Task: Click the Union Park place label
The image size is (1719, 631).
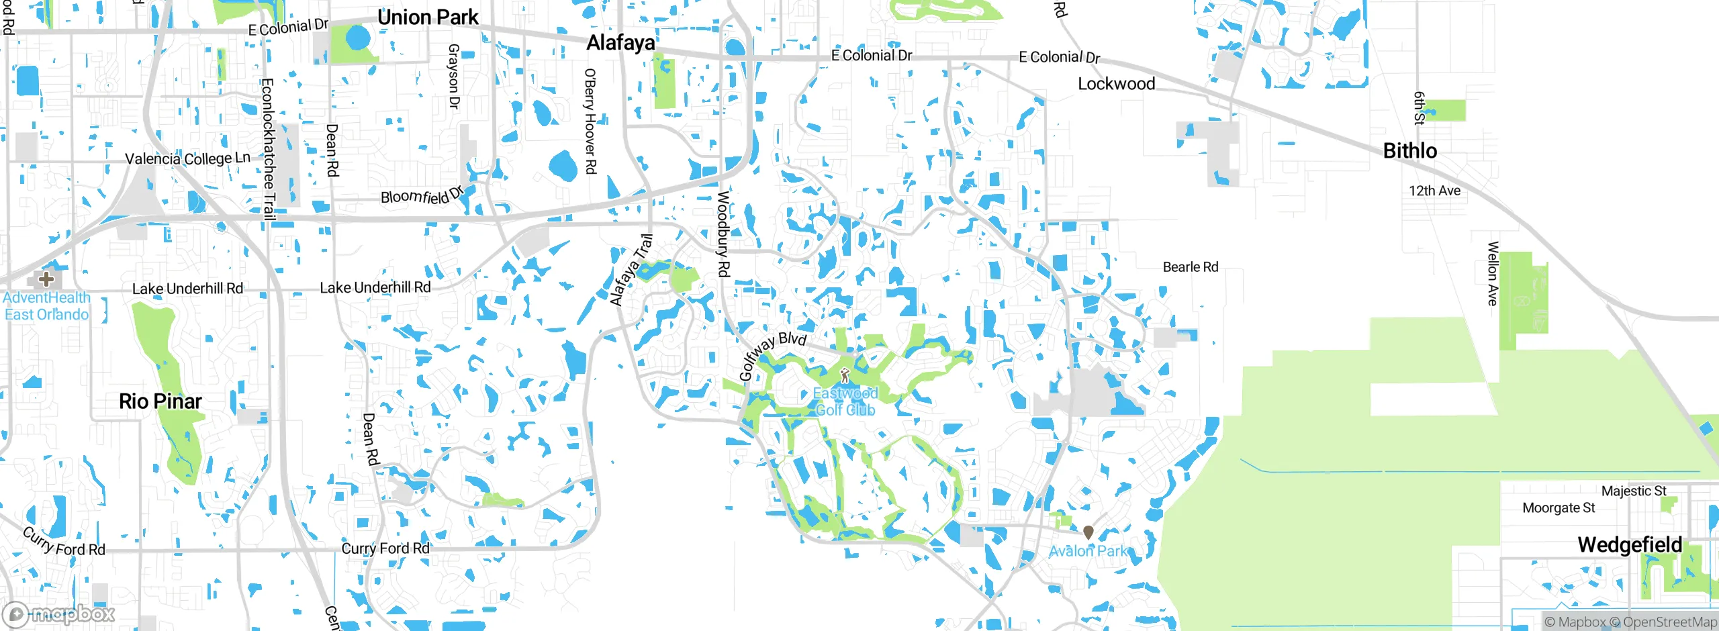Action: tap(428, 17)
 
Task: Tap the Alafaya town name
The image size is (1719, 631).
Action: tap(620, 43)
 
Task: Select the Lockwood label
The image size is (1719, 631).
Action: tap(1116, 84)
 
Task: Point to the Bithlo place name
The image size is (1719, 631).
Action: tap(1410, 151)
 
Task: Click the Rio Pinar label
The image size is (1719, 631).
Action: tap(160, 401)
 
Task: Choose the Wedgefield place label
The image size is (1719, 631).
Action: tap(1630, 545)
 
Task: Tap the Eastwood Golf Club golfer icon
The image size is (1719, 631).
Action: tap(845, 375)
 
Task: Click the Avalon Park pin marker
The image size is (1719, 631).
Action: tap(1088, 532)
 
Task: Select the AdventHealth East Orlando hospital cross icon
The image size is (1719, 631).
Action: tap(46, 279)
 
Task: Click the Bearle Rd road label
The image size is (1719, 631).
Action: tap(1190, 267)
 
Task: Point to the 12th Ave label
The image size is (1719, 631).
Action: tap(1434, 191)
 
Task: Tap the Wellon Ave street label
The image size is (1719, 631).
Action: tap(1493, 274)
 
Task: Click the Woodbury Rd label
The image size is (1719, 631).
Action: tap(723, 234)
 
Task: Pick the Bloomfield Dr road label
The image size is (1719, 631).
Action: tap(422, 195)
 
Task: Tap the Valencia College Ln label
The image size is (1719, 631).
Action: tap(187, 158)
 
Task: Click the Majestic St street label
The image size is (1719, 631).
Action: tap(1633, 491)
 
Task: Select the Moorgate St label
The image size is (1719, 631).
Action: tap(1558, 508)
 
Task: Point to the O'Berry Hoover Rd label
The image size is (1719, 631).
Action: tap(590, 121)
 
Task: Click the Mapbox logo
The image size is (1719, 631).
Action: tap(59, 614)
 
